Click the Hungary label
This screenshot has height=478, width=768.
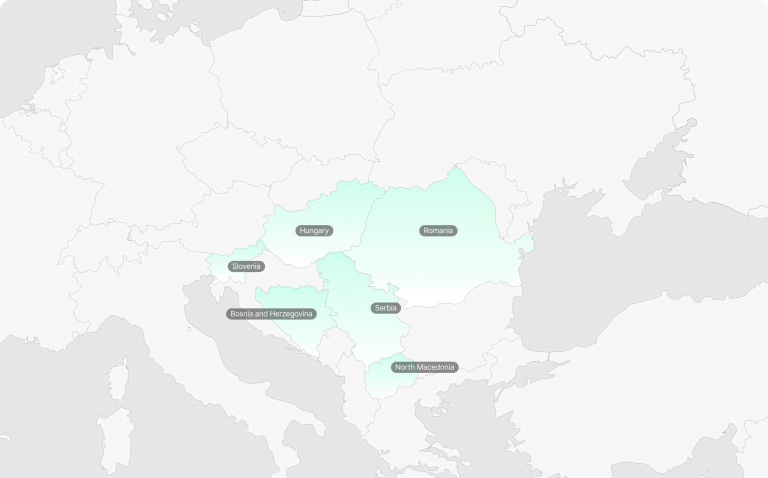pyautogui.click(x=314, y=230)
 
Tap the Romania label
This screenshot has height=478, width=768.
pyautogui.click(x=438, y=230)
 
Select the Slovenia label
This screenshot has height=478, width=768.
pyautogui.click(x=246, y=266)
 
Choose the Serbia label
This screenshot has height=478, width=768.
pyautogui.click(x=385, y=308)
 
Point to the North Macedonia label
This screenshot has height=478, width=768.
pyautogui.click(x=424, y=367)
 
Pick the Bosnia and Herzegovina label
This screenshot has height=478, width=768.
pyautogui.click(x=271, y=314)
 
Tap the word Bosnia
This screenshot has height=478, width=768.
pyautogui.click(x=241, y=314)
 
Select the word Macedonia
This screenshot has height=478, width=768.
pyautogui.click(x=435, y=367)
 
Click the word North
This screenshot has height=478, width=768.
pyautogui.click(x=405, y=367)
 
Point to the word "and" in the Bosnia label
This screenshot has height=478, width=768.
pyautogui.click(x=261, y=314)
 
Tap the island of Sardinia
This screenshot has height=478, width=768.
pyautogui.click(x=116, y=440)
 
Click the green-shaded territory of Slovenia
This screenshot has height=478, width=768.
pyautogui.click(x=220, y=265)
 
